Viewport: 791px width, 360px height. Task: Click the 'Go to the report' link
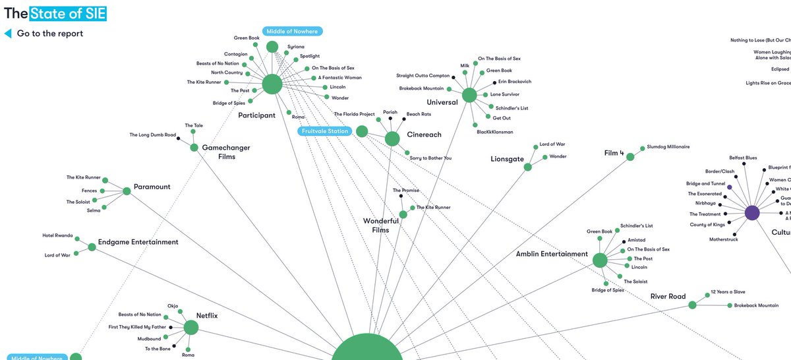[50, 34]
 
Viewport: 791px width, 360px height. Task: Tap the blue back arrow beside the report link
[8, 33]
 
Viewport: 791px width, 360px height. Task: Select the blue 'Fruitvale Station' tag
[324, 131]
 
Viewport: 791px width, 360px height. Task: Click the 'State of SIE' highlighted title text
[73, 12]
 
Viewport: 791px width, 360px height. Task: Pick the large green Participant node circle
[272, 84]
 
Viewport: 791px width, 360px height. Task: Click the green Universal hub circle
[469, 95]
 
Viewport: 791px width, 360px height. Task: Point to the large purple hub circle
[752, 213]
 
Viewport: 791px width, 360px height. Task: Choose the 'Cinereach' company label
[425, 135]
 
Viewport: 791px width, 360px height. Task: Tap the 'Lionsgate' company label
[506, 160]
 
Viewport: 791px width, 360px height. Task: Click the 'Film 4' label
[614, 153]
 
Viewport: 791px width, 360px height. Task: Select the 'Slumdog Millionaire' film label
[668, 146]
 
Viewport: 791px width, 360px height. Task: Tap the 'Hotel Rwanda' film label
[57, 235]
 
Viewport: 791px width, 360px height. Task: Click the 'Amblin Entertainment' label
[552, 254]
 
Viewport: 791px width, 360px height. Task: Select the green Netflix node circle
[191, 328]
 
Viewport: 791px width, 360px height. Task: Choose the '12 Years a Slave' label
[728, 292]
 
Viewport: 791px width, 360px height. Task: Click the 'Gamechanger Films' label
[219, 152]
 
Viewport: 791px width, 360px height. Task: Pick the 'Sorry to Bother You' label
[430, 158]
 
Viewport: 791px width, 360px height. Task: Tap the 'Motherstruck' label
[724, 239]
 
